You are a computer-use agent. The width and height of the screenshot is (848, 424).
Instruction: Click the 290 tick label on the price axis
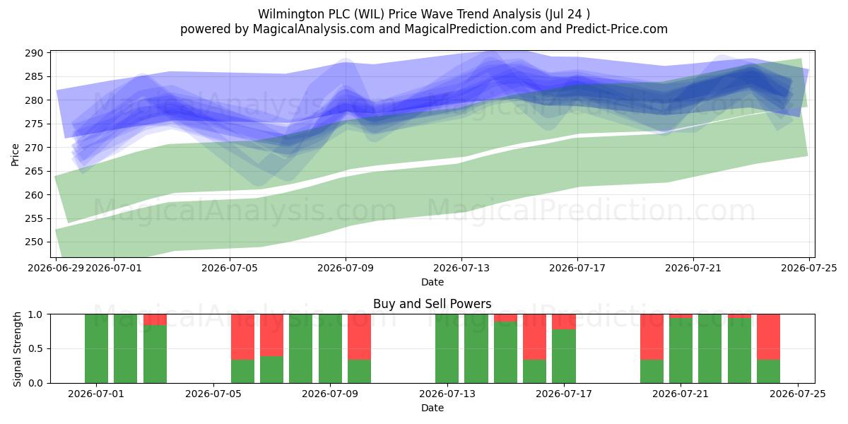coord(34,53)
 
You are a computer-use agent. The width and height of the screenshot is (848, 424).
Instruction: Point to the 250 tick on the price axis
coord(34,242)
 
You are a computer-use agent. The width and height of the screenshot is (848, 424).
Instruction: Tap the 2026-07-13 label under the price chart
coord(461,268)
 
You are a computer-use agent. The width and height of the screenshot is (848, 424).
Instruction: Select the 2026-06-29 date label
coord(56,268)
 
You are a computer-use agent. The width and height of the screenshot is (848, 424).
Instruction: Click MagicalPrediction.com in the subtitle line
coord(470,29)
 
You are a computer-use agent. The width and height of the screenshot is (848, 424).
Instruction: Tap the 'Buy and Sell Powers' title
coord(432,304)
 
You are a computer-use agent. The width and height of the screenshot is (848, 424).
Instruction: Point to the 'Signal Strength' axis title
coord(17,349)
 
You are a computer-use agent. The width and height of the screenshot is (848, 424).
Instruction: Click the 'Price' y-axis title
coord(15,155)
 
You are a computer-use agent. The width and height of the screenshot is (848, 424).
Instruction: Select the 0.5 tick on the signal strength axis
coord(35,348)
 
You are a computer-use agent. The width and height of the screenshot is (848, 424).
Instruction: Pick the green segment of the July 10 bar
coord(359,372)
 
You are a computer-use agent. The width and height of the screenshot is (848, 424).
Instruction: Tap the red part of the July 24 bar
coord(769,337)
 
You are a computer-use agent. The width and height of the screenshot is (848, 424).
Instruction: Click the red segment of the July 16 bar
coord(534,337)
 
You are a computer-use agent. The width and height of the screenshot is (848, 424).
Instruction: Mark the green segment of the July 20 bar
coord(652,372)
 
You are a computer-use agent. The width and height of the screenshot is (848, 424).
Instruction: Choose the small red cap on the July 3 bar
coord(155,320)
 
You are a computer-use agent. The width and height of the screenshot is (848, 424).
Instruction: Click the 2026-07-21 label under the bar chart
coord(681,394)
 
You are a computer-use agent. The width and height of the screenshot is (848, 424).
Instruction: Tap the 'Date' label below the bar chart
coord(432,408)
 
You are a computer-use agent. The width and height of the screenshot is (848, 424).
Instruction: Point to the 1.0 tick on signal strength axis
coord(35,314)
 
